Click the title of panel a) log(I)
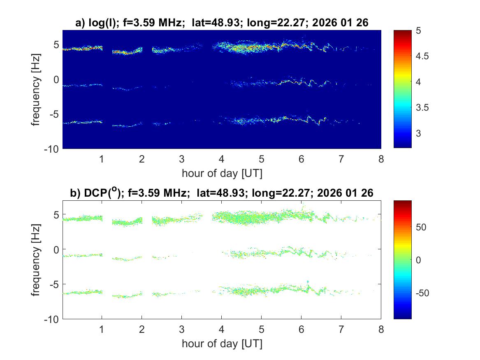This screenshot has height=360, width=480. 222,23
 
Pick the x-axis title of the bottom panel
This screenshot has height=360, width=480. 222,344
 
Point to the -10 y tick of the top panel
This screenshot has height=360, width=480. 53,148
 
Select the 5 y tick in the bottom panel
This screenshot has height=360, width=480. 57,214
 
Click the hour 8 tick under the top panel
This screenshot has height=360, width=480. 381,159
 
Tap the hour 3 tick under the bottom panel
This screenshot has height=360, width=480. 181,329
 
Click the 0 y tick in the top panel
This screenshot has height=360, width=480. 57,79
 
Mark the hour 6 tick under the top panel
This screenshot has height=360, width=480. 301,159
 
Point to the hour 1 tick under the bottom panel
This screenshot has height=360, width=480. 102,329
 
